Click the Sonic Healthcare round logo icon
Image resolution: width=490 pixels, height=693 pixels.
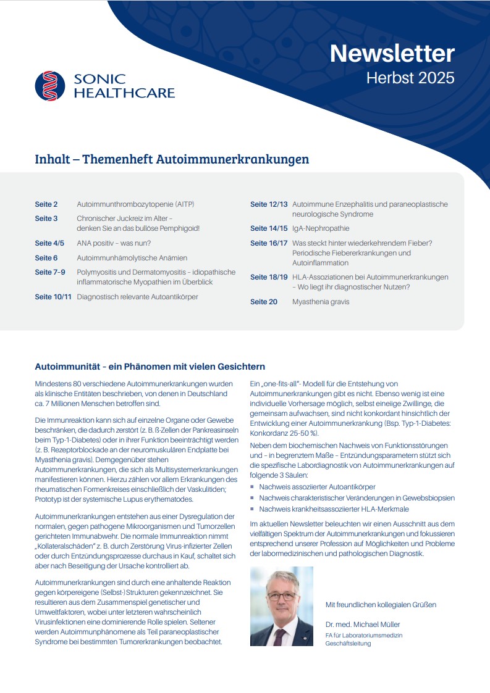point(50,86)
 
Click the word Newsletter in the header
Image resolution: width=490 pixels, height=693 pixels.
point(392,54)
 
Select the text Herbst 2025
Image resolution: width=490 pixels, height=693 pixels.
point(410,78)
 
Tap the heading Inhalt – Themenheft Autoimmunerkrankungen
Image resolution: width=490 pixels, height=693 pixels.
point(172,159)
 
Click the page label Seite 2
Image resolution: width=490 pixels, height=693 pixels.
point(46,204)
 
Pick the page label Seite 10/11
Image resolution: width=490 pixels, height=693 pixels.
point(53,297)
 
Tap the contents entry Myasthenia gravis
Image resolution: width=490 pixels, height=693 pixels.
point(321,302)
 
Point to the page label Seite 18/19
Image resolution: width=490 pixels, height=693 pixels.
point(269,277)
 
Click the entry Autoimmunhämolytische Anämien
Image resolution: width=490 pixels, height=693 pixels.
point(132,258)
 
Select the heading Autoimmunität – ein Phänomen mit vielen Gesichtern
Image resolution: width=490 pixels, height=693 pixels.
point(150,367)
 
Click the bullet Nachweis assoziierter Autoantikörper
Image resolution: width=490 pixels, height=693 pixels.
point(317,487)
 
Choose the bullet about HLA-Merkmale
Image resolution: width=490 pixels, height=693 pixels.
point(334,509)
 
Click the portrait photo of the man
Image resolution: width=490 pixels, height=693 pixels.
point(281,606)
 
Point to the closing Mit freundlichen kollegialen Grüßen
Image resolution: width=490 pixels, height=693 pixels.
point(381,604)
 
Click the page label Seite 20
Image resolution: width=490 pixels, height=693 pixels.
point(264,302)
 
